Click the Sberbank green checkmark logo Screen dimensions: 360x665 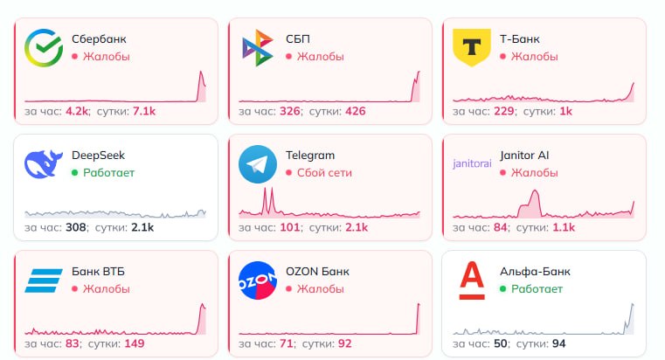tap(42, 48)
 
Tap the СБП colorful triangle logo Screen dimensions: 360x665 tap(257, 48)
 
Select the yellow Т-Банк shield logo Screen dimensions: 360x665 tap(472, 47)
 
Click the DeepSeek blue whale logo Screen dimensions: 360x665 tap(42, 164)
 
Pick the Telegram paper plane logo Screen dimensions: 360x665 tap(257, 164)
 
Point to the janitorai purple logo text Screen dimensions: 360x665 tap(472, 164)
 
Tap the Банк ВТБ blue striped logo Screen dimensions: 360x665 tap(42, 280)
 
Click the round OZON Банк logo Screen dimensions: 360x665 tap(257, 280)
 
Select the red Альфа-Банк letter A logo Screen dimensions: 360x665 tap(472, 280)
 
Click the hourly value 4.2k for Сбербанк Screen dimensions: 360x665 tap(78, 111)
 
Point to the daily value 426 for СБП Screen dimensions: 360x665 tap(355, 111)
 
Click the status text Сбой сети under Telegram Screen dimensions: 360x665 tap(324, 172)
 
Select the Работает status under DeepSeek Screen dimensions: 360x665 tap(109, 172)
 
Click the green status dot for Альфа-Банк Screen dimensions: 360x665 tap(502, 288)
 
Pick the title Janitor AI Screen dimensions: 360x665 tap(524, 156)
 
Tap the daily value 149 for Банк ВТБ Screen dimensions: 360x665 tap(135, 343)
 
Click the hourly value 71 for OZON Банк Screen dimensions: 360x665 tap(287, 343)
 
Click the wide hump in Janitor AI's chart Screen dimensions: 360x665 tap(530, 206)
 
